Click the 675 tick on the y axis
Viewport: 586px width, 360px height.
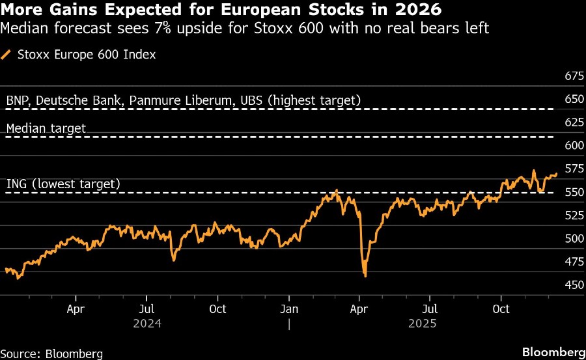pos(574,76)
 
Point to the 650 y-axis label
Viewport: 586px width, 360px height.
pos(574,100)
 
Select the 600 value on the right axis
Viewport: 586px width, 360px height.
pos(574,146)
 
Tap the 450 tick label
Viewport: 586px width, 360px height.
pos(574,284)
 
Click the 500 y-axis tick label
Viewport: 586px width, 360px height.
pos(574,238)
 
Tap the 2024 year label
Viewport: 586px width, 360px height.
pos(147,323)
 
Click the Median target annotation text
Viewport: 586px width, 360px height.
pos(46,128)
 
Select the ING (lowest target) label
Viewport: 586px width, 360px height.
pos(63,184)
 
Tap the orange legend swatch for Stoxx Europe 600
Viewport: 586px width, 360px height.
pos(7,55)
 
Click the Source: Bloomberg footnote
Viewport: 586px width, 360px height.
pos(51,353)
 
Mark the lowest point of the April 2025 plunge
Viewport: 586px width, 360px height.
pos(365,276)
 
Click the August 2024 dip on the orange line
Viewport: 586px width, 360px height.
pos(174,260)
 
